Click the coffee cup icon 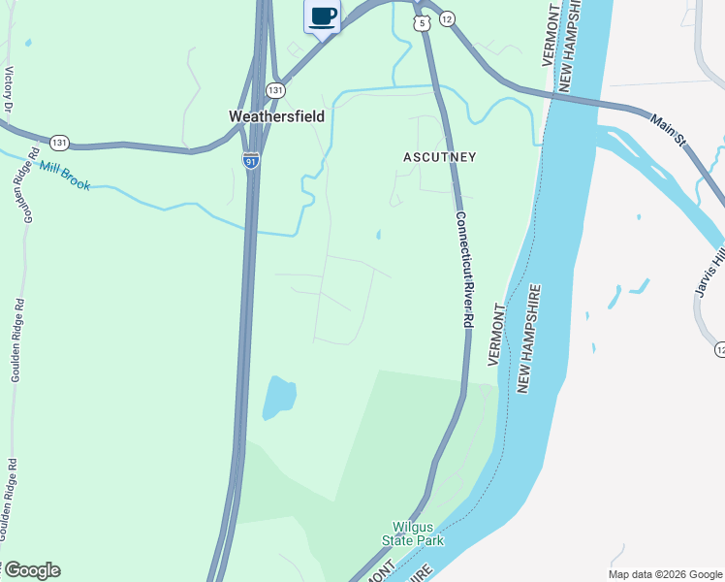(323, 16)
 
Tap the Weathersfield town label (276, 116)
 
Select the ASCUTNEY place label (441, 156)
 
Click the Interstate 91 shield (251, 161)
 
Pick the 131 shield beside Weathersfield (276, 90)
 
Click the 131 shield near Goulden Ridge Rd (60, 143)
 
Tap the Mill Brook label (65, 177)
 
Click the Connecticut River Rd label (464, 269)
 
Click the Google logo (31, 570)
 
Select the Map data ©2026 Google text (664, 574)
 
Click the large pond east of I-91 (278, 397)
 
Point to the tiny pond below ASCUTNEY (378, 235)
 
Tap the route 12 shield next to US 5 (447, 17)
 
